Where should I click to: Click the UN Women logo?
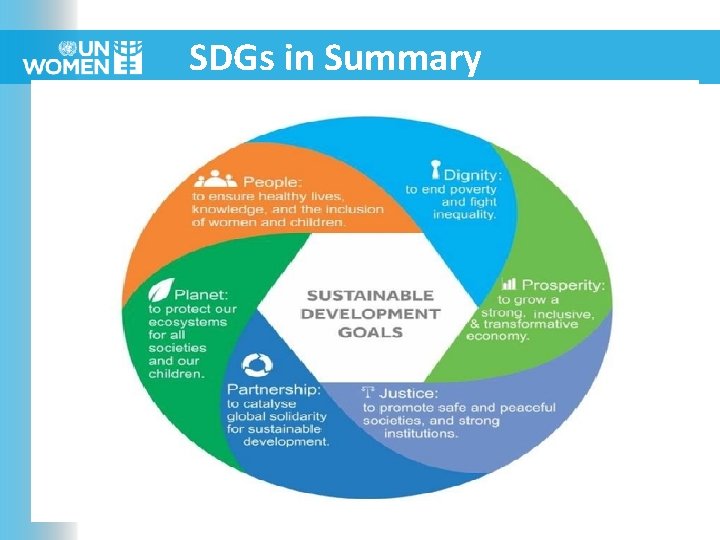tap(83, 58)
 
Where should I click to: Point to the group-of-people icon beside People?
tap(215, 180)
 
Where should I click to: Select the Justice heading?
tap(413, 393)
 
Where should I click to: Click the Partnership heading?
tap(273, 388)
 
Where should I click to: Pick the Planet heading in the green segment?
tap(201, 294)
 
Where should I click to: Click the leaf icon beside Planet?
tap(160, 291)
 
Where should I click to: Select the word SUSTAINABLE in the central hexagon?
tap(369, 295)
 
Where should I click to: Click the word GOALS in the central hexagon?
tap(370, 331)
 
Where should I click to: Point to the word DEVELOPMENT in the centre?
tap(370, 313)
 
